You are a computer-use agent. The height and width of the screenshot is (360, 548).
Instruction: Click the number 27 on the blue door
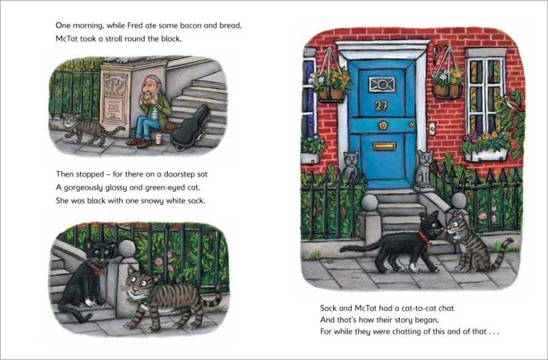(x=382, y=106)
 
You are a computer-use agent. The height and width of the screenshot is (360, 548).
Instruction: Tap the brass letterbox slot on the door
(x=384, y=146)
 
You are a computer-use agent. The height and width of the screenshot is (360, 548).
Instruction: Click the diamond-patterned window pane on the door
(x=381, y=84)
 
